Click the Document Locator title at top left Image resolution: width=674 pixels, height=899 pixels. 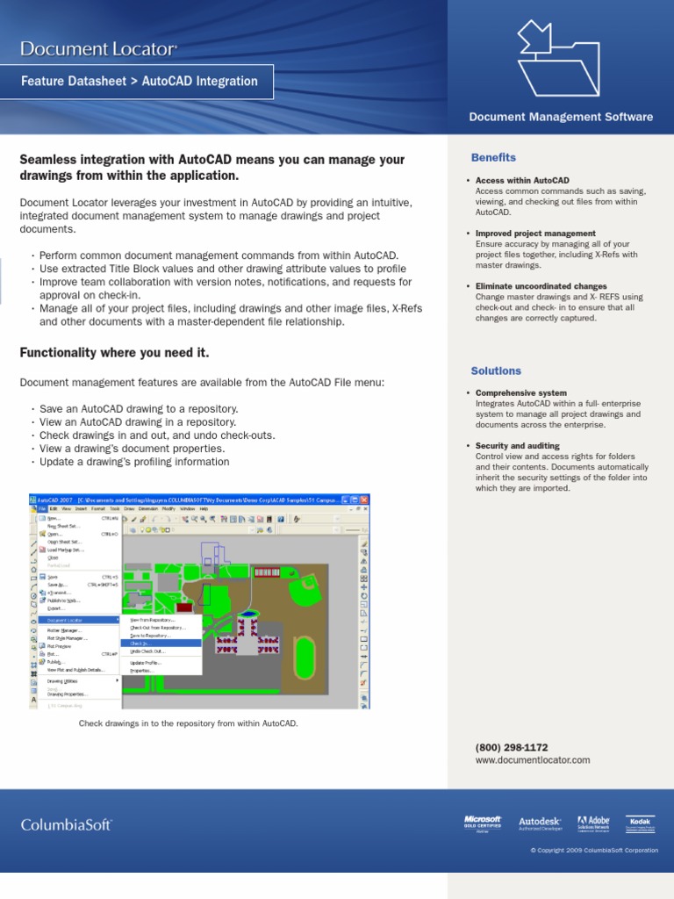coord(99,49)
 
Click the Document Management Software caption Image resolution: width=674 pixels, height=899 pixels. coord(561,117)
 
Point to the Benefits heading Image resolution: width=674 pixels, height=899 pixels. coord(493,158)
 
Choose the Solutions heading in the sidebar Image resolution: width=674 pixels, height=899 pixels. coord(496,371)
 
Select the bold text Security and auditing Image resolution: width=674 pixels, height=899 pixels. coord(517,446)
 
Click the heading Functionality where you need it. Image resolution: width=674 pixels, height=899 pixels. coord(114,353)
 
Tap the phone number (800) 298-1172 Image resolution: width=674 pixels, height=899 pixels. coord(512,747)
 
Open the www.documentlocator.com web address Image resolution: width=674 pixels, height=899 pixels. coord(533,760)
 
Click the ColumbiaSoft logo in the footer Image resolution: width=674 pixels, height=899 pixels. coord(67,824)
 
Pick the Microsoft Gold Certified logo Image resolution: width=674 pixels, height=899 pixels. coord(482,823)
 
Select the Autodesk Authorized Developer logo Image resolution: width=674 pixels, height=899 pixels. coord(539,823)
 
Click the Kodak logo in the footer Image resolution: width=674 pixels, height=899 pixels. coord(642,823)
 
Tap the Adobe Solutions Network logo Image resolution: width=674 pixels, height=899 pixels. coord(593,823)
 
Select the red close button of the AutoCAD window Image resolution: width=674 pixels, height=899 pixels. coord(366,499)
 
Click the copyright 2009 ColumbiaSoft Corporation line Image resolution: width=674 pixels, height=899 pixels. coord(593,851)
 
